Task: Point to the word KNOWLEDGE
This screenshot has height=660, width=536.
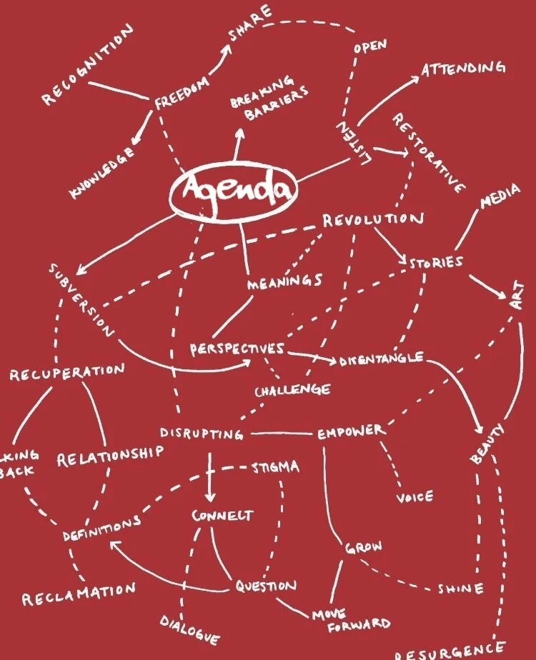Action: [x=102, y=174]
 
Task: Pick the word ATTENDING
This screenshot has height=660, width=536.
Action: [x=463, y=69]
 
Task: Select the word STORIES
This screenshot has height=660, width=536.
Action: [x=435, y=262]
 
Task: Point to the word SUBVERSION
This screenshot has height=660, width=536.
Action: [x=81, y=301]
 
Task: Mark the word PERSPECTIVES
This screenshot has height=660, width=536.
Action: [x=237, y=349]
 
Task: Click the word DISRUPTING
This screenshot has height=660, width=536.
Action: [x=201, y=433]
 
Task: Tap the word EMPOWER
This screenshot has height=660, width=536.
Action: [x=351, y=431]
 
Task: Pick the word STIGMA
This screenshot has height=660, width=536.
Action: [x=275, y=469]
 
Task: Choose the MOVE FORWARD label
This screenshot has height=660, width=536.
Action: [x=354, y=619]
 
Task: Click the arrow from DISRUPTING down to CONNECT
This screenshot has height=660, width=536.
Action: [x=209, y=478]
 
